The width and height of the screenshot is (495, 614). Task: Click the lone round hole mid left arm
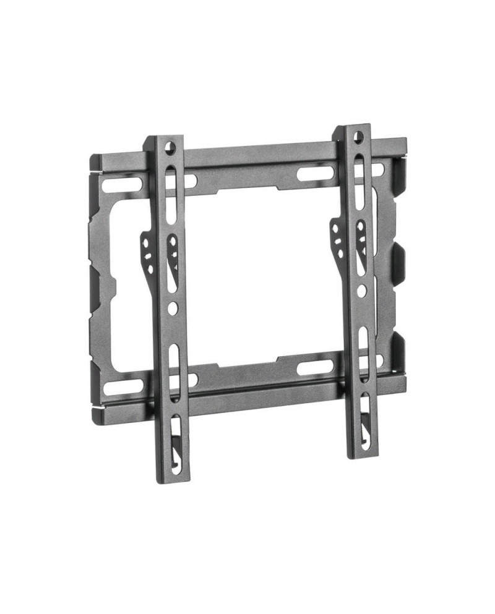click(174, 307)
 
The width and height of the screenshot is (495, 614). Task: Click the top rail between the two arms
click(260, 155)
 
